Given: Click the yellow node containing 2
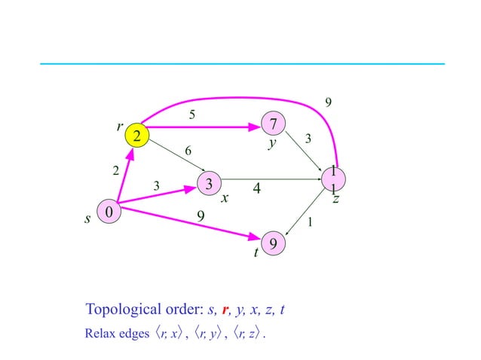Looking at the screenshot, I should [137, 136].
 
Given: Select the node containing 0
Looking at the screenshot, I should [109, 213].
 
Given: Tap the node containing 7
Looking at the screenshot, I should [274, 123].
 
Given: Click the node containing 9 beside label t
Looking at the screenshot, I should [274, 244].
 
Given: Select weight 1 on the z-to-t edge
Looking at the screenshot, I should [311, 222].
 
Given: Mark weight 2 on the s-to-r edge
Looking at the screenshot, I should [115, 171].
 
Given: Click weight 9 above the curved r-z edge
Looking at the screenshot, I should [327, 102].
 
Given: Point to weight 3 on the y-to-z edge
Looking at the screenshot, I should [308, 139].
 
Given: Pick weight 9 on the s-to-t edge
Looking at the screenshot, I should [201, 216].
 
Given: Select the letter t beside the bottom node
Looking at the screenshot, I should [256, 254].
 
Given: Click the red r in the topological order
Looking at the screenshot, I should [223, 310].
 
